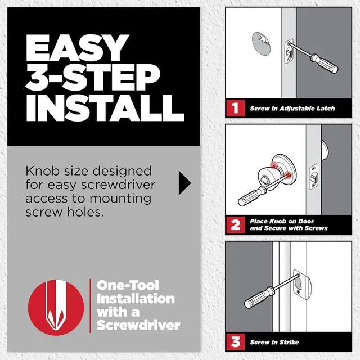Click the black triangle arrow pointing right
click(x=184, y=183)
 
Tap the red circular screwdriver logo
click(x=56, y=304)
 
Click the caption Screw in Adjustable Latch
click(x=292, y=109)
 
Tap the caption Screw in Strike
click(x=274, y=342)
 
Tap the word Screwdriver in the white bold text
click(x=138, y=325)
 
